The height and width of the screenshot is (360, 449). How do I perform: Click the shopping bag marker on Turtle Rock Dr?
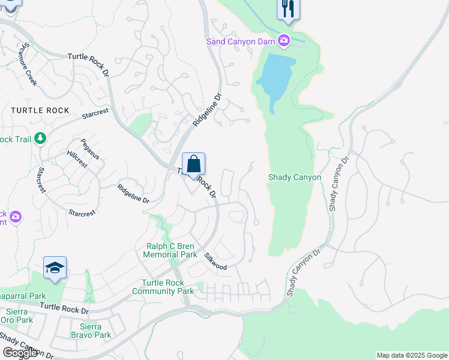(193, 164)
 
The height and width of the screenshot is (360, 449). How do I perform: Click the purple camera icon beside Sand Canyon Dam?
(283, 41)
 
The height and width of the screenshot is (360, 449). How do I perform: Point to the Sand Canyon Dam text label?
(240, 41)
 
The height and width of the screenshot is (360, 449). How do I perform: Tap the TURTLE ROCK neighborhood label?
(40, 110)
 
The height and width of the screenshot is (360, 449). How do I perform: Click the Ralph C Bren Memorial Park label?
(170, 250)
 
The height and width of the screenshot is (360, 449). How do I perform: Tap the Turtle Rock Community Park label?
(167, 287)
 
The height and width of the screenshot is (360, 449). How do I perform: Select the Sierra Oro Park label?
(17, 316)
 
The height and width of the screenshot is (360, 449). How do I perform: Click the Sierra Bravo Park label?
(91, 331)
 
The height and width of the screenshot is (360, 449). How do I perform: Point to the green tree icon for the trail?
(40, 139)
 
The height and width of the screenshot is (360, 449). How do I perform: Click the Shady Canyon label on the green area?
(294, 178)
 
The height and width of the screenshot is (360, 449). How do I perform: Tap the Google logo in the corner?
(20, 353)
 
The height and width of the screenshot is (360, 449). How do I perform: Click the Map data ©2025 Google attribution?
(412, 355)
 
